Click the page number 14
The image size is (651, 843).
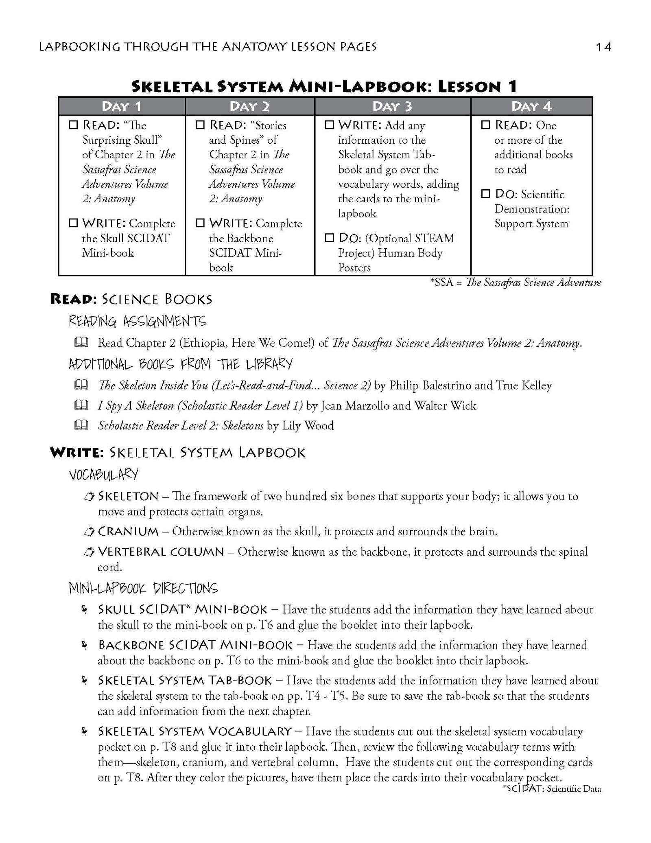pyautogui.click(x=603, y=47)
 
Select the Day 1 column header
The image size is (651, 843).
pyautogui.click(x=121, y=107)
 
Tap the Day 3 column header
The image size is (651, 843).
pyautogui.click(x=392, y=107)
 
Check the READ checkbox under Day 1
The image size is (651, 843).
pyautogui.click(x=73, y=125)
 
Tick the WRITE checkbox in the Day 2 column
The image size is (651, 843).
pyautogui.click(x=200, y=223)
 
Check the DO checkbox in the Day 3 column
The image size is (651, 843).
pyautogui.click(x=329, y=238)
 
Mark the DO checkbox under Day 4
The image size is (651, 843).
pyautogui.click(x=485, y=194)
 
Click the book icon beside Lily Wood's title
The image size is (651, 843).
pyautogui.click(x=81, y=425)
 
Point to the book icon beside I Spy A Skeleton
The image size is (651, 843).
pyautogui.click(x=81, y=405)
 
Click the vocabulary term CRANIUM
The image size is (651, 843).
pyautogui.click(x=128, y=531)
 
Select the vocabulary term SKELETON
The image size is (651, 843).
pyautogui.click(x=128, y=496)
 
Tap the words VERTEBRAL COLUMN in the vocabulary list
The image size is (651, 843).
pyautogui.click(x=161, y=552)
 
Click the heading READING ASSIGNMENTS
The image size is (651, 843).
pyautogui.click(x=137, y=322)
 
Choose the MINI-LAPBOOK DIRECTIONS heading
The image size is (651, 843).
pyautogui.click(x=143, y=588)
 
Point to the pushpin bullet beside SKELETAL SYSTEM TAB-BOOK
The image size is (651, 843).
pyautogui.click(x=84, y=680)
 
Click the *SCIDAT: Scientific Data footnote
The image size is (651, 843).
pyautogui.click(x=551, y=788)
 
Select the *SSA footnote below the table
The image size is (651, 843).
pyautogui.click(x=516, y=282)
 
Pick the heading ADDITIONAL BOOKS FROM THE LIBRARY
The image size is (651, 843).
pyautogui.click(x=180, y=364)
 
